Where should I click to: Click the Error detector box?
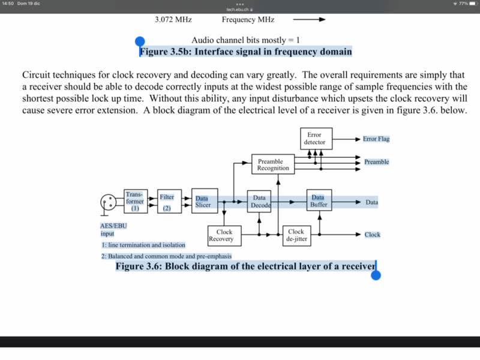click(316, 139)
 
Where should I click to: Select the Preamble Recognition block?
click(273, 164)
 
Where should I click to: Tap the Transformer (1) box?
click(135, 202)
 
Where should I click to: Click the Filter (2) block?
click(167, 202)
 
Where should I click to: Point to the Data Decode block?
click(259, 202)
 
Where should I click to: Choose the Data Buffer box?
click(319, 202)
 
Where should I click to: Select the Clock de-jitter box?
click(296, 235)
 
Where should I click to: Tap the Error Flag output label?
click(376, 139)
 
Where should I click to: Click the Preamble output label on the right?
click(376, 162)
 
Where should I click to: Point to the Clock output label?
click(372, 235)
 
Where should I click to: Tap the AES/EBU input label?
click(113, 230)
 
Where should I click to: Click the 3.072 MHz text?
click(173, 19)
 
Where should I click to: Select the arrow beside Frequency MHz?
click(308, 19)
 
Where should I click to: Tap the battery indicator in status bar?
click(472, 4)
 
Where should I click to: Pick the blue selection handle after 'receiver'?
click(376, 275)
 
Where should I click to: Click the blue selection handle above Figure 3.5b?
click(140, 41)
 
